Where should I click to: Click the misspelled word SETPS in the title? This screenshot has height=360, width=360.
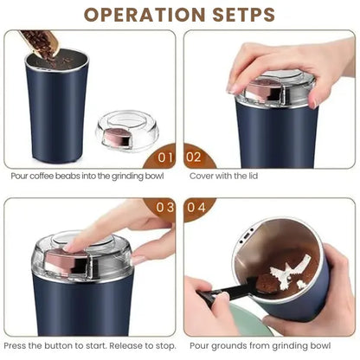tap(240, 15)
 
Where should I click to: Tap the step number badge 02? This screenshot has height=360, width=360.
tap(195, 157)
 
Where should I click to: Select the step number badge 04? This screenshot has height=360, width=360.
tap(195, 208)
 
